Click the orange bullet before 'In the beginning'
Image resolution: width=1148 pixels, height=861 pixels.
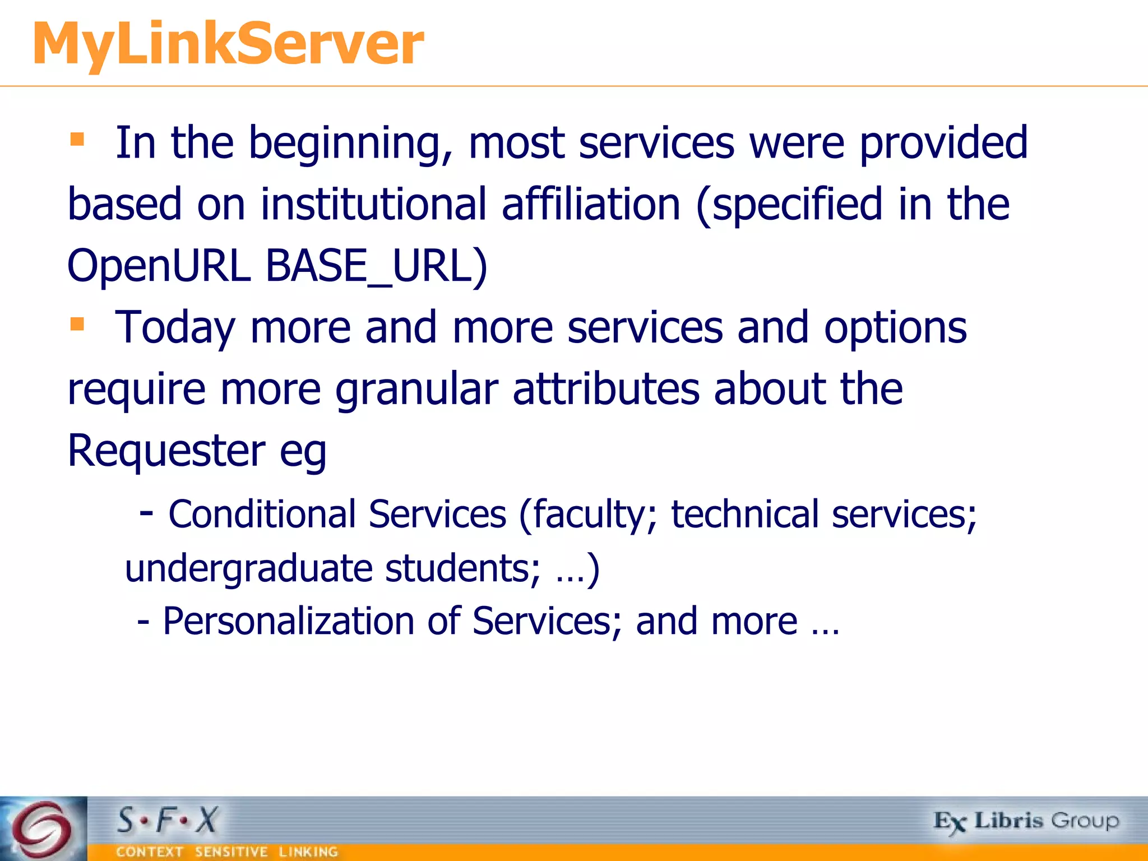pyautogui.click(x=77, y=139)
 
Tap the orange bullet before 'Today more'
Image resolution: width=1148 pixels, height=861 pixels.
pyautogui.click(x=77, y=323)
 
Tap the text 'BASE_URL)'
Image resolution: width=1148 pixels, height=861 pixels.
pyautogui.click(x=376, y=266)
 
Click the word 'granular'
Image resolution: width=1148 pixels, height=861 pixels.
pyautogui.click(x=416, y=389)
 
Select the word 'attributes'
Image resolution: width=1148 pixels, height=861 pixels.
pyautogui.click(x=606, y=389)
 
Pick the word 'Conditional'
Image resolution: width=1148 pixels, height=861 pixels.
pyautogui.click(x=262, y=514)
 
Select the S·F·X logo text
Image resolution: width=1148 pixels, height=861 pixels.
pyautogui.click(x=167, y=821)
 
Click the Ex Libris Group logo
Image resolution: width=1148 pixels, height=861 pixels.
pyautogui.click(x=1026, y=822)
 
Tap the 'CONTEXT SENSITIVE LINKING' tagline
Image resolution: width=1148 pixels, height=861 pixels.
pyautogui.click(x=227, y=852)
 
